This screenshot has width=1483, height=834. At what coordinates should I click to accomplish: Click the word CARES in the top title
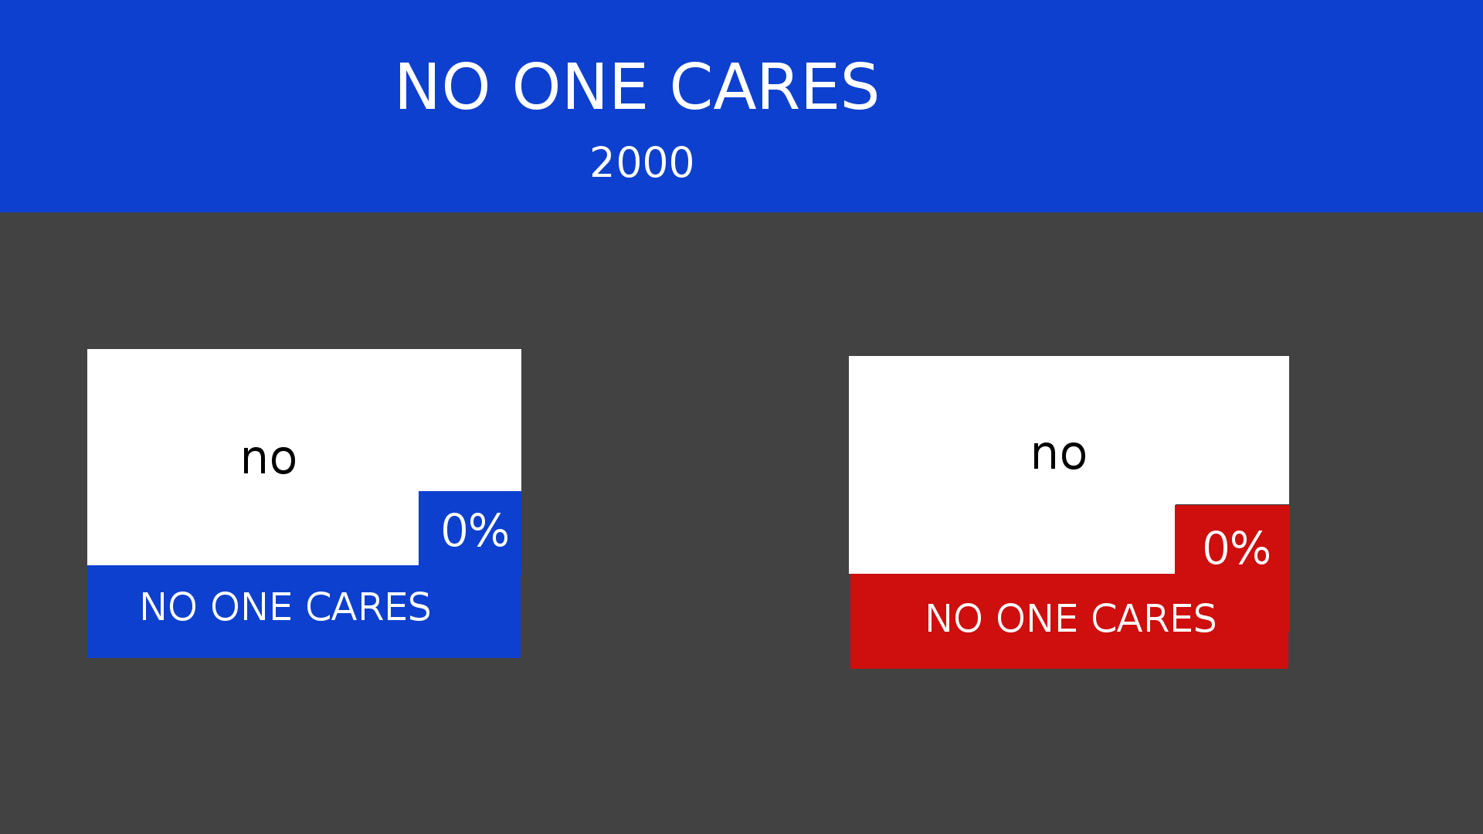tap(775, 87)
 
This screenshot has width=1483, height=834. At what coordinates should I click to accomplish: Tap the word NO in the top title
tap(443, 87)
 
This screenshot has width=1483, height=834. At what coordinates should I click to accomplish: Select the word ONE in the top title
tap(580, 87)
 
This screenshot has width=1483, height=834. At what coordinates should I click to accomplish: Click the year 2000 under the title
tap(642, 163)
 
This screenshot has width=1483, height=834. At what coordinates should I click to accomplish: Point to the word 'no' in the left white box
tap(268, 458)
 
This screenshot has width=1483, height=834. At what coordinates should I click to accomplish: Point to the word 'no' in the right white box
tap(1059, 453)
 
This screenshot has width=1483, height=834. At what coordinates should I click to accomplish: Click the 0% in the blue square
tap(475, 531)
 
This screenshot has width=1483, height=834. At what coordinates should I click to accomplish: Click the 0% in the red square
tap(1237, 548)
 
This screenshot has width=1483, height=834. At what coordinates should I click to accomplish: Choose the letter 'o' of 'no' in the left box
tap(283, 460)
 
